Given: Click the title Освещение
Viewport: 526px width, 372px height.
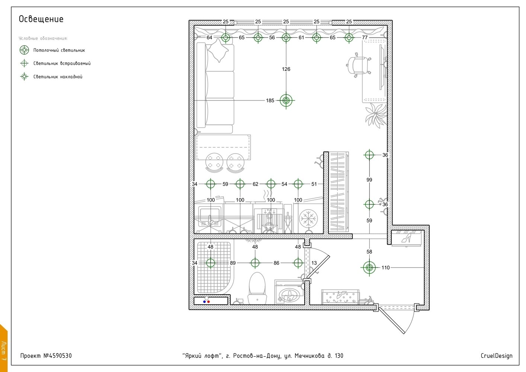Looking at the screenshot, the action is pos(41,19).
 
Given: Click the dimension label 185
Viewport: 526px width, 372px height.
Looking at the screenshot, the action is pos(270,100).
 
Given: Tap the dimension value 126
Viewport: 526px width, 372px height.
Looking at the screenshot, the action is pos(286,69).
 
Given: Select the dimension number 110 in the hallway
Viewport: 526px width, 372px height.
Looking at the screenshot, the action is pos(386,267).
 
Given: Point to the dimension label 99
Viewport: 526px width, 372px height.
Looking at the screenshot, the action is pos(369,180).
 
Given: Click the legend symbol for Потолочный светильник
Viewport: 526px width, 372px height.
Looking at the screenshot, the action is pos(24,50).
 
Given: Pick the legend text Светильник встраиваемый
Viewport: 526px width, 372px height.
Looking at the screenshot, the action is pos(62,63).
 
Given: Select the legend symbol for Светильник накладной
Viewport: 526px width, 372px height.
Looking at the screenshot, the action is pos(24,77).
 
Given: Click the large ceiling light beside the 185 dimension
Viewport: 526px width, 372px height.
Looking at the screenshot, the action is pos(286,100).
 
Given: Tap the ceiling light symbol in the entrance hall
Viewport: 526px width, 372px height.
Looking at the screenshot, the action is pos(369,267).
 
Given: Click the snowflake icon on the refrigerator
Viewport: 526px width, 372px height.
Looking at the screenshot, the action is pos(308,218).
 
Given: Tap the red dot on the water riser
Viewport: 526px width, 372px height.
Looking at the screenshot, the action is pos(209,302).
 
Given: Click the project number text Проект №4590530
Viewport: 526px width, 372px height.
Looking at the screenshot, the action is pos(46,356).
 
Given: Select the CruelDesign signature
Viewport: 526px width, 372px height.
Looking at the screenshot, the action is pos(496,356).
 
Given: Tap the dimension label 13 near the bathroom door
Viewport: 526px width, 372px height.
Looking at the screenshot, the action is pos(314,263).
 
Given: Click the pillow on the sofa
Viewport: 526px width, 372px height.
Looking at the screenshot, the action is pos(218,51).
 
